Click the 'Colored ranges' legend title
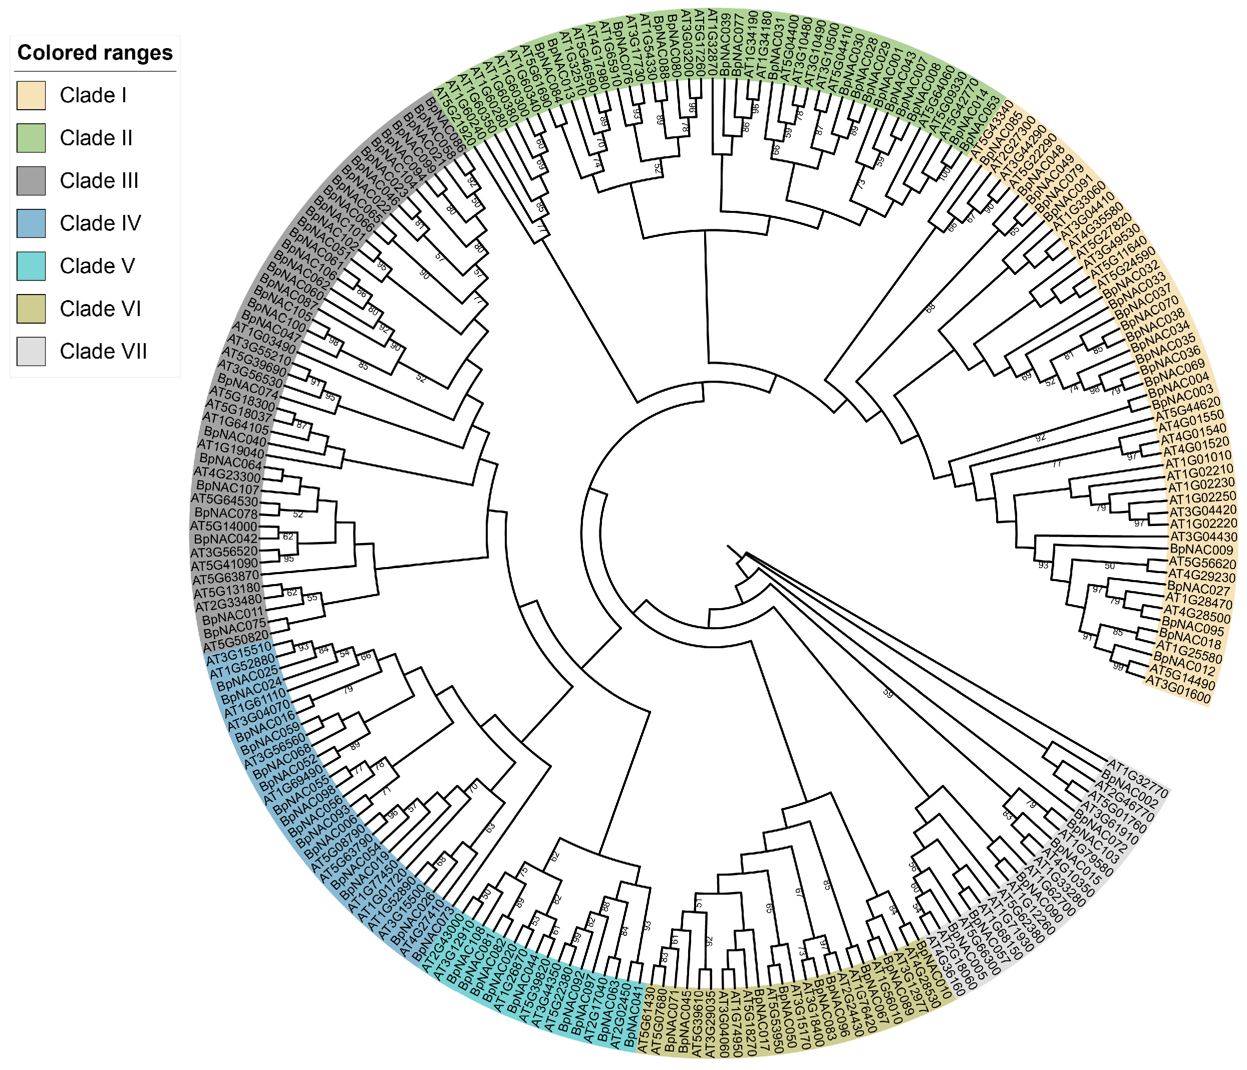tap(95, 53)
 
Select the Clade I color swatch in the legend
tap(31, 96)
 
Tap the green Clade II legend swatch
tap(31, 138)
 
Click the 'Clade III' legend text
tap(99, 181)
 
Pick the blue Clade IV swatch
tap(31, 223)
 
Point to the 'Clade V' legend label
tap(98, 266)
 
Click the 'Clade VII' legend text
tap(104, 352)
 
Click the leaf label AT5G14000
tap(224, 525)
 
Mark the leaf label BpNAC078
tap(226, 513)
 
